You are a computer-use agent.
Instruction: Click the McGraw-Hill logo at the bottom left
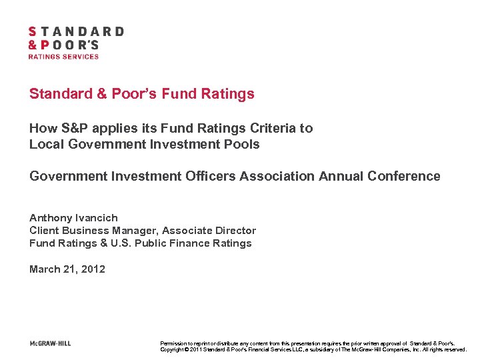(50, 343)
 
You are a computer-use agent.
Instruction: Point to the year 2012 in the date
(93, 269)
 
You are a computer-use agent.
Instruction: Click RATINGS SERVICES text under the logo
(63, 57)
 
